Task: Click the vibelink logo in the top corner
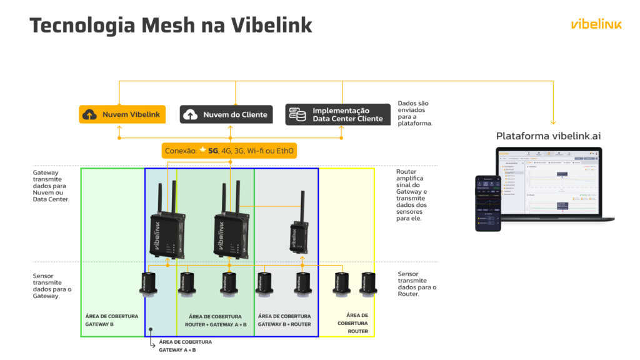point(596,24)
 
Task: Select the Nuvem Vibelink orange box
point(122,114)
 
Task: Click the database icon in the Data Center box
point(298,115)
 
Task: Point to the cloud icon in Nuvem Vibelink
point(90,115)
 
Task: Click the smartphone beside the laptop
point(488,203)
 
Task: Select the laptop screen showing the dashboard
point(549,182)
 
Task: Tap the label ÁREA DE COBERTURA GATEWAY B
point(112,320)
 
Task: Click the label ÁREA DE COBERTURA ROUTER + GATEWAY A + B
point(216,321)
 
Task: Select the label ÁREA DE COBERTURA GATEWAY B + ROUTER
point(284,320)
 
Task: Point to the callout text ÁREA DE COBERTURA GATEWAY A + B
point(186,346)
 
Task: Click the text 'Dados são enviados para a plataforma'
point(415,113)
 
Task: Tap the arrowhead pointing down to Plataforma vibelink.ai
point(553,122)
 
